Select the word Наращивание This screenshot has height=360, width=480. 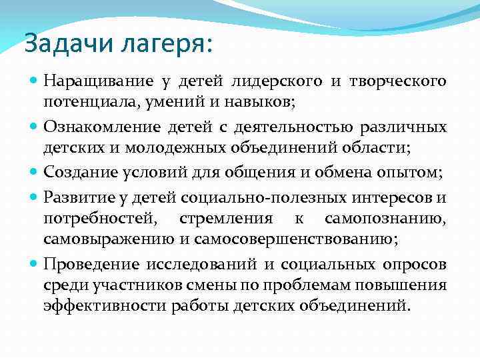tap(99, 82)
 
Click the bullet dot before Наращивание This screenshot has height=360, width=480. tap(35, 81)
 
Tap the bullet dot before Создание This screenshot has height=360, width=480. tap(35, 172)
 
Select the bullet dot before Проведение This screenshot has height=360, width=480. tap(35, 264)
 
